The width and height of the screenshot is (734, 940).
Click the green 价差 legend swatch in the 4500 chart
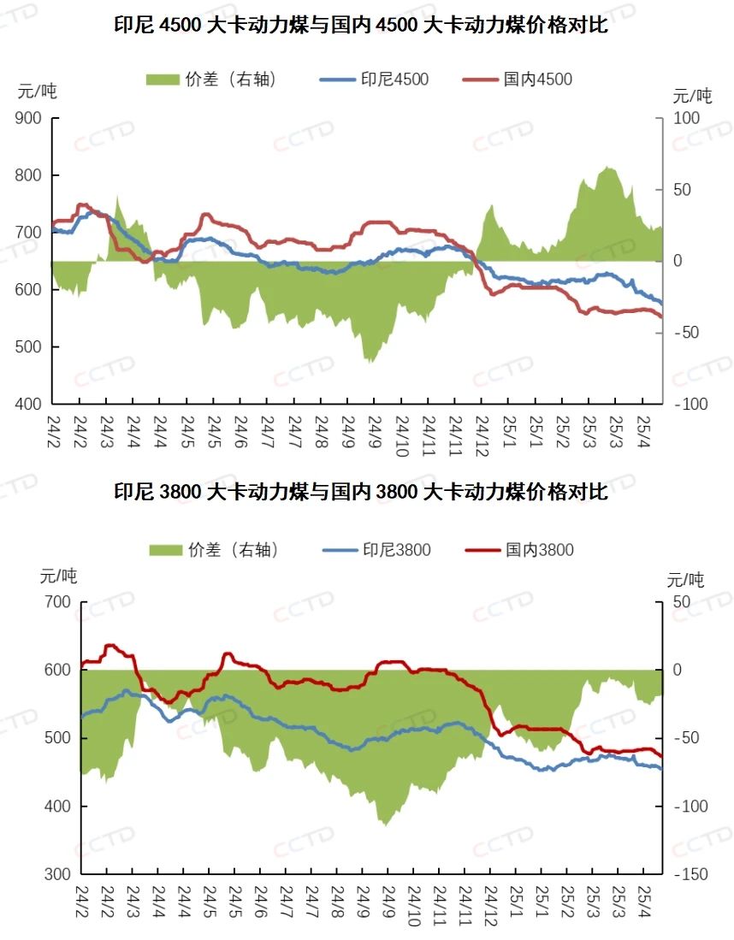[163, 80]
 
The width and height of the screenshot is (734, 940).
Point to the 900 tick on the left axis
[29, 118]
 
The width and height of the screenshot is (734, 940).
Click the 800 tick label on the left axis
[29, 175]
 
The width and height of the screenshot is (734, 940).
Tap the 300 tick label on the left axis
[57, 874]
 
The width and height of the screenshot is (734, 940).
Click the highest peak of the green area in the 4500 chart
[608, 168]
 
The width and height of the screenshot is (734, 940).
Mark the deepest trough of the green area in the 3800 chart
[386, 825]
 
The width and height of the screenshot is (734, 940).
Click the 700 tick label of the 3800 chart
[57, 602]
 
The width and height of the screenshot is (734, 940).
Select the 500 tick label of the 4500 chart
[29, 346]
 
